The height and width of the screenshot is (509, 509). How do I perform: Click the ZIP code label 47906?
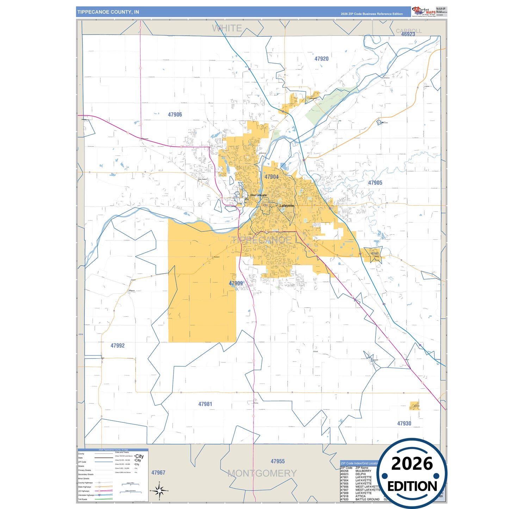click(x=175, y=114)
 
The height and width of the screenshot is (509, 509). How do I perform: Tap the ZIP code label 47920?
click(x=321, y=59)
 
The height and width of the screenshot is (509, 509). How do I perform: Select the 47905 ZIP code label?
click(x=375, y=183)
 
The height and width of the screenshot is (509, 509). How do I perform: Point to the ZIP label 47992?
click(x=117, y=346)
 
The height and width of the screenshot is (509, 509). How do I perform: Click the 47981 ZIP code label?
click(x=205, y=404)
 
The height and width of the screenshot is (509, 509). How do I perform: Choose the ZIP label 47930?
click(x=404, y=423)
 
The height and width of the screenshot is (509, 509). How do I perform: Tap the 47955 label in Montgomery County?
click(x=278, y=461)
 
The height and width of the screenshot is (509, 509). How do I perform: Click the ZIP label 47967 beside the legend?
click(x=158, y=472)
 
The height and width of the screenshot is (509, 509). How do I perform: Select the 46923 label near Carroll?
click(x=408, y=34)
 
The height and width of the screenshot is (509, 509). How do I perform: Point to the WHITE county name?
click(x=227, y=28)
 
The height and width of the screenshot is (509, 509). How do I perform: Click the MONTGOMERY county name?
click(x=262, y=473)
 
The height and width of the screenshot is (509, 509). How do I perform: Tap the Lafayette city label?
click(x=287, y=206)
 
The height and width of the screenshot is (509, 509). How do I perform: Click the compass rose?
click(x=159, y=490)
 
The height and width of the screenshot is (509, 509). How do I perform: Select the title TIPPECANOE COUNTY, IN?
click(x=108, y=12)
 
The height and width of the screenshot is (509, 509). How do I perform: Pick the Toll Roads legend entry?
click(x=83, y=499)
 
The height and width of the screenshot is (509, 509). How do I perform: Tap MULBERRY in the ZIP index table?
click(x=363, y=471)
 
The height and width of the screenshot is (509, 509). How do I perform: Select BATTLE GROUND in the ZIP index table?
click(x=367, y=499)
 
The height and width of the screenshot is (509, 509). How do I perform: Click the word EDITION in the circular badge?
click(x=412, y=486)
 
